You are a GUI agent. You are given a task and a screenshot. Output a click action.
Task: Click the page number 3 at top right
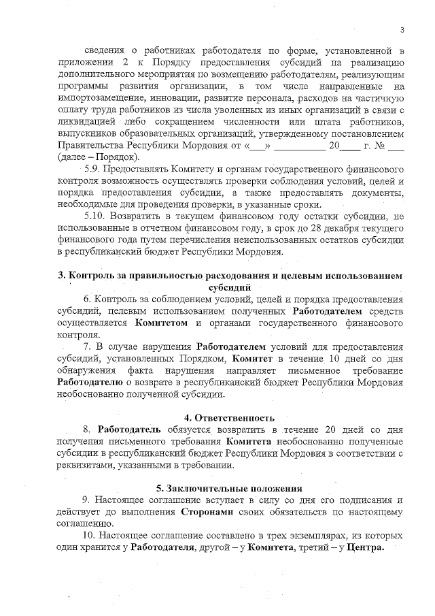[x=402, y=29]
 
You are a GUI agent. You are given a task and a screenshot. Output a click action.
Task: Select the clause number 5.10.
[x=94, y=216]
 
